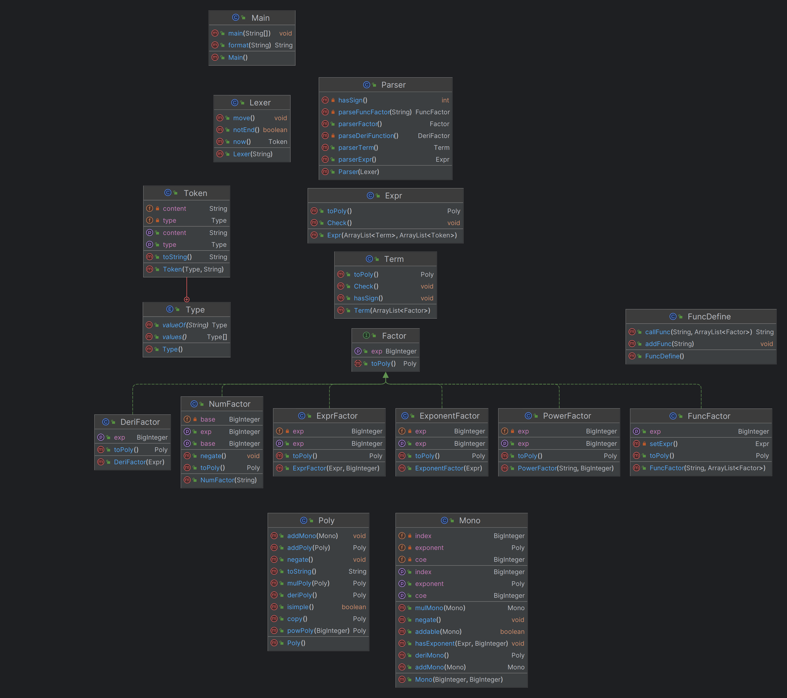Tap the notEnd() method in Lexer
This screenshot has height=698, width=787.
tap(246, 130)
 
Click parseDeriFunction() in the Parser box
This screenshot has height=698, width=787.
tap(368, 136)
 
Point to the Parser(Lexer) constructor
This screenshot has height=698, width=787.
tap(358, 172)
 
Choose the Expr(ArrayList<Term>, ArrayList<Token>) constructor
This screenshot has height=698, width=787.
tap(392, 235)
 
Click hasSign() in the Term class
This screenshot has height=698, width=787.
tap(368, 298)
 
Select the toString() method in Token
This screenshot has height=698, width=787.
tap(177, 257)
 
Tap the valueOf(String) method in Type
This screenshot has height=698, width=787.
tap(185, 325)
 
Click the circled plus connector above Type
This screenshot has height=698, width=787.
tap(187, 299)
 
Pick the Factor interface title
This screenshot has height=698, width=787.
tap(394, 336)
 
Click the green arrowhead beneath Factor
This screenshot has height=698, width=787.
tap(385, 375)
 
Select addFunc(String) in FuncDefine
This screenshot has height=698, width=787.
tap(669, 344)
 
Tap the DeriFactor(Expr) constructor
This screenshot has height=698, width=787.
tap(139, 462)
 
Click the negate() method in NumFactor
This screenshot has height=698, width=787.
tap(213, 456)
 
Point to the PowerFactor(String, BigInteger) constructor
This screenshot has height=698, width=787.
tap(566, 468)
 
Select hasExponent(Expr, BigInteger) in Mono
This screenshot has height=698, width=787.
tap(461, 643)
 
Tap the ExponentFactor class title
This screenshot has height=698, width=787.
tap(449, 416)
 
